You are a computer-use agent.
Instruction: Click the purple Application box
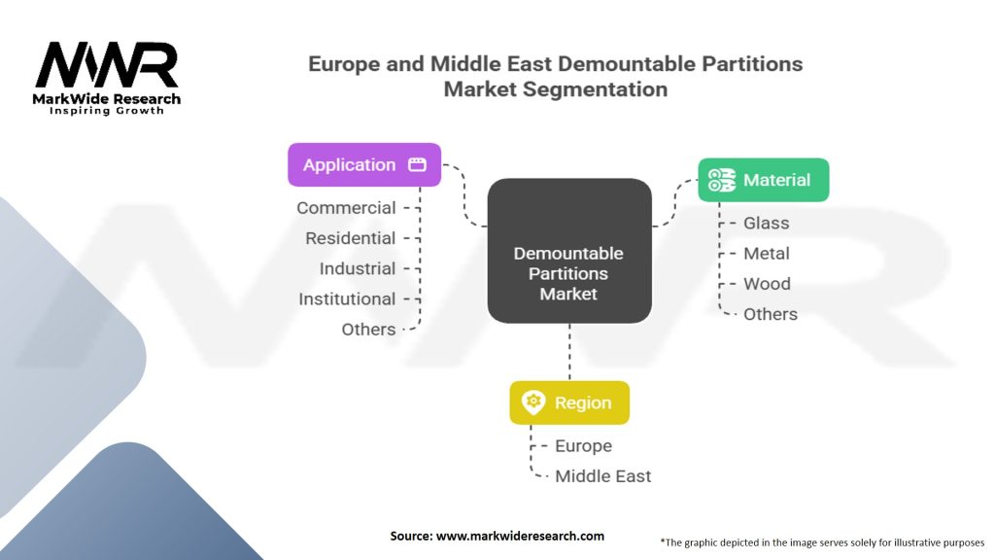tap(364, 164)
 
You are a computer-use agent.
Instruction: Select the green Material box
tap(764, 180)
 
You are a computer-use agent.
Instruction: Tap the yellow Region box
tap(569, 402)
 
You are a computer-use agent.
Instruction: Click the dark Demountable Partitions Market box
tap(569, 251)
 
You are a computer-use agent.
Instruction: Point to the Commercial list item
tap(346, 208)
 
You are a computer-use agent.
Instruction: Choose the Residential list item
tap(350, 238)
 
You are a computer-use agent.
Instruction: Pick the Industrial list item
tap(357, 268)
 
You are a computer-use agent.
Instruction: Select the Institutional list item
tap(347, 298)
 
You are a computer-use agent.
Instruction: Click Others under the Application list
tap(368, 329)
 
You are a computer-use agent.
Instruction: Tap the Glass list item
tap(767, 223)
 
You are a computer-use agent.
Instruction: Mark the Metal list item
tap(767, 253)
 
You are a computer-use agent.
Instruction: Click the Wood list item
tap(767, 283)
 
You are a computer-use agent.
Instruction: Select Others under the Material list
tap(771, 313)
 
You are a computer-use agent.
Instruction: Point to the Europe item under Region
tap(583, 445)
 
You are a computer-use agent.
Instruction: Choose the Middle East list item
tap(602, 475)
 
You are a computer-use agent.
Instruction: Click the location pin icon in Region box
tap(533, 402)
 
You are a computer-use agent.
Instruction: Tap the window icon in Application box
tap(417, 164)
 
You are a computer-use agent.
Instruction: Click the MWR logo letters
tap(107, 66)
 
